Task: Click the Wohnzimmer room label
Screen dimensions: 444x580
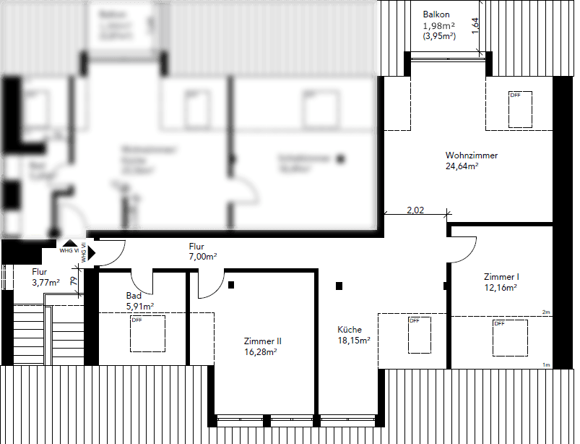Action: (x=472, y=155)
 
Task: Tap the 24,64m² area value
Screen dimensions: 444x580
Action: (x=462, y=166)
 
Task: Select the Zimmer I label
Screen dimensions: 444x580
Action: (x=501, y=277)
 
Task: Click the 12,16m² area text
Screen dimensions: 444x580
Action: (x=500, y=288)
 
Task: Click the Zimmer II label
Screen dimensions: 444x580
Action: (x=263, y=341)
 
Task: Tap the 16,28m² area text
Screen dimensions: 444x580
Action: (x=261, y=352)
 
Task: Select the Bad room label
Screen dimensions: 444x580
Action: (x=133, y=296)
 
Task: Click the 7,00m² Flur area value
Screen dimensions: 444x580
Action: (x=203, y=257)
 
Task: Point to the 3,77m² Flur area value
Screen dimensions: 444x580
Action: (x=46, y=283)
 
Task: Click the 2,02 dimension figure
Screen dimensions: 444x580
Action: (x=415, y=210)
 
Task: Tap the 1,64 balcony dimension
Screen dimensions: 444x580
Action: (x=475, y=25)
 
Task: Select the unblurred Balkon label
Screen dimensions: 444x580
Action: (x=436, y=14)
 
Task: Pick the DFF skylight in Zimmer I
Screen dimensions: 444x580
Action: (x=511, y=338)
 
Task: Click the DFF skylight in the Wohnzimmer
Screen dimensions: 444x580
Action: (x=520, y=108)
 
